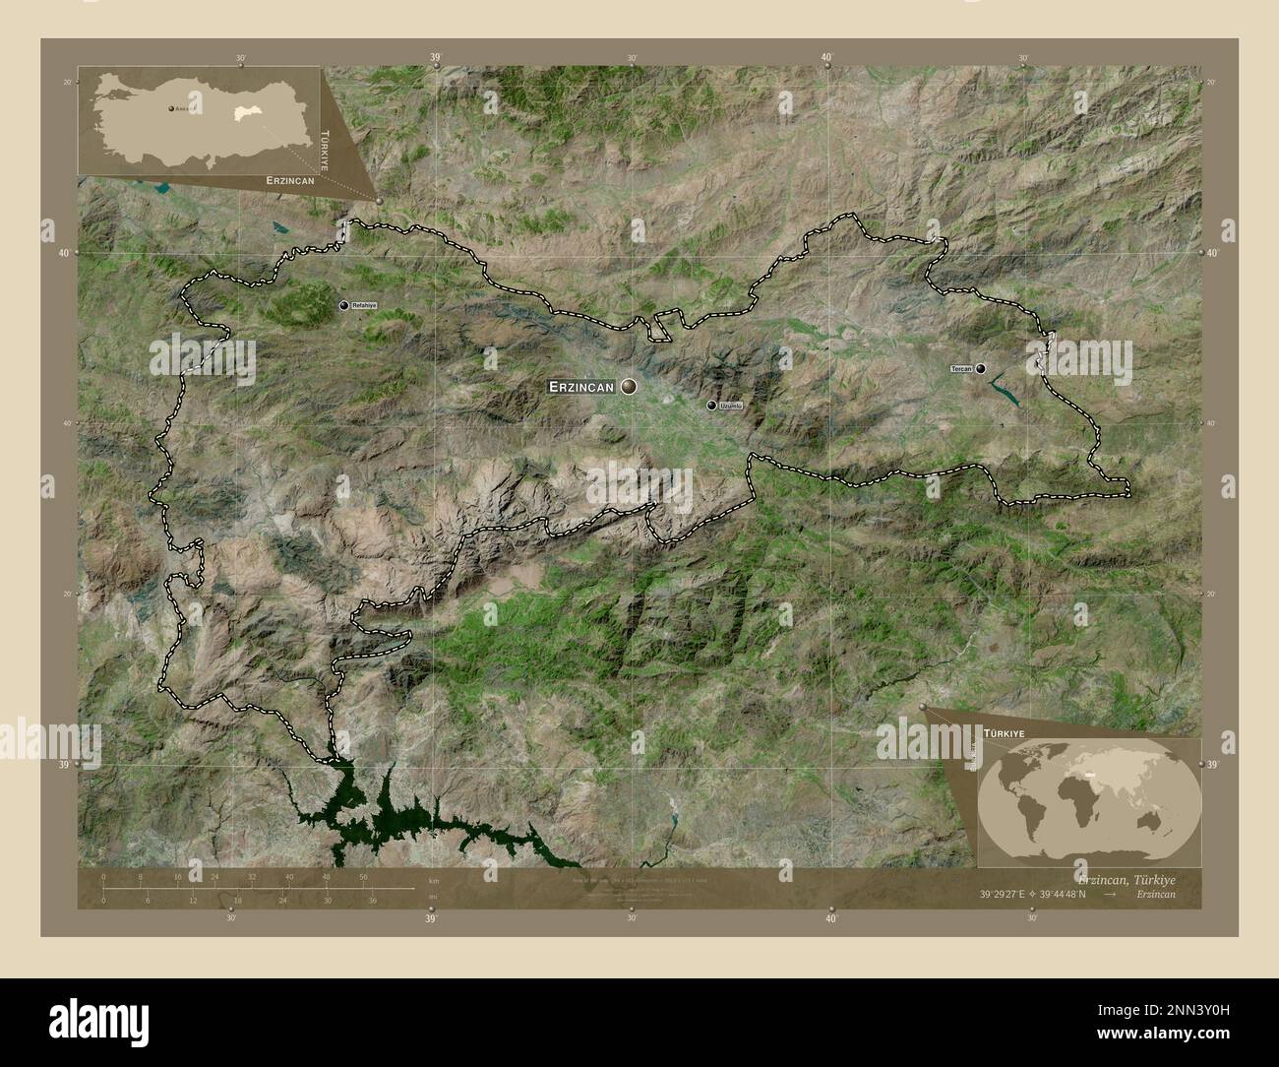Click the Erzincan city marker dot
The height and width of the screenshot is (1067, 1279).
628,387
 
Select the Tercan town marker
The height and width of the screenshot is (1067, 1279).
981,368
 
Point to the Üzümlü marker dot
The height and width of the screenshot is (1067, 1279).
711,405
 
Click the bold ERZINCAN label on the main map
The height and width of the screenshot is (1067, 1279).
581,388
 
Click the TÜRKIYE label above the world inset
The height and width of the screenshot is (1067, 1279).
1004,734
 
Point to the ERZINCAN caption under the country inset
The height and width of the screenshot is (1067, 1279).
289,181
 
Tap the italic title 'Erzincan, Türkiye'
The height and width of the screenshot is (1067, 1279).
1126,877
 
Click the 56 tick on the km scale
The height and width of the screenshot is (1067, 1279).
364,876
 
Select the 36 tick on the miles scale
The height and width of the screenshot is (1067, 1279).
372,900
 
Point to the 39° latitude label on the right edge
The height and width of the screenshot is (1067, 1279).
1212,764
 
